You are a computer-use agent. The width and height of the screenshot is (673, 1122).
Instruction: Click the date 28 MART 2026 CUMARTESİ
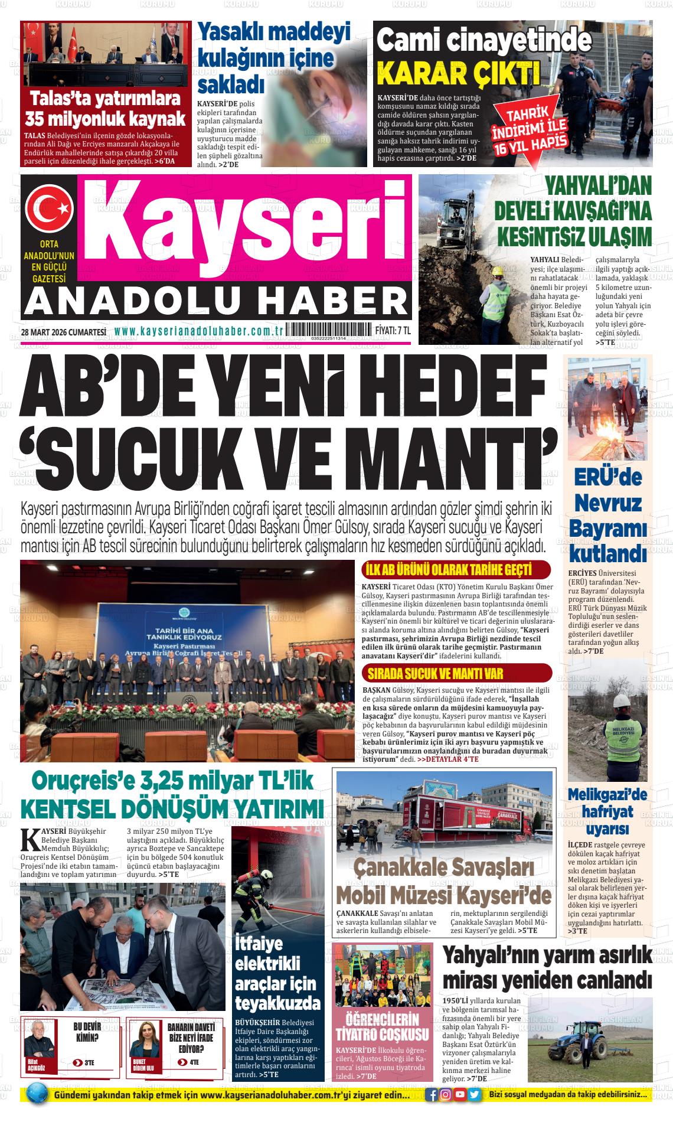point(63,332)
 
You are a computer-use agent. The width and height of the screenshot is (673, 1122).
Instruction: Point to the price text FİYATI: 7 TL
point(393,331)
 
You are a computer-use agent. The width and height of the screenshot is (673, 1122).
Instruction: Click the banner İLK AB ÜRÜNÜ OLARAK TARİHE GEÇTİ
point(449,570)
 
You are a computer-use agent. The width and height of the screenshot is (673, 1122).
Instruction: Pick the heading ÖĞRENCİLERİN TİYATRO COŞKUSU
point(381,1027)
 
